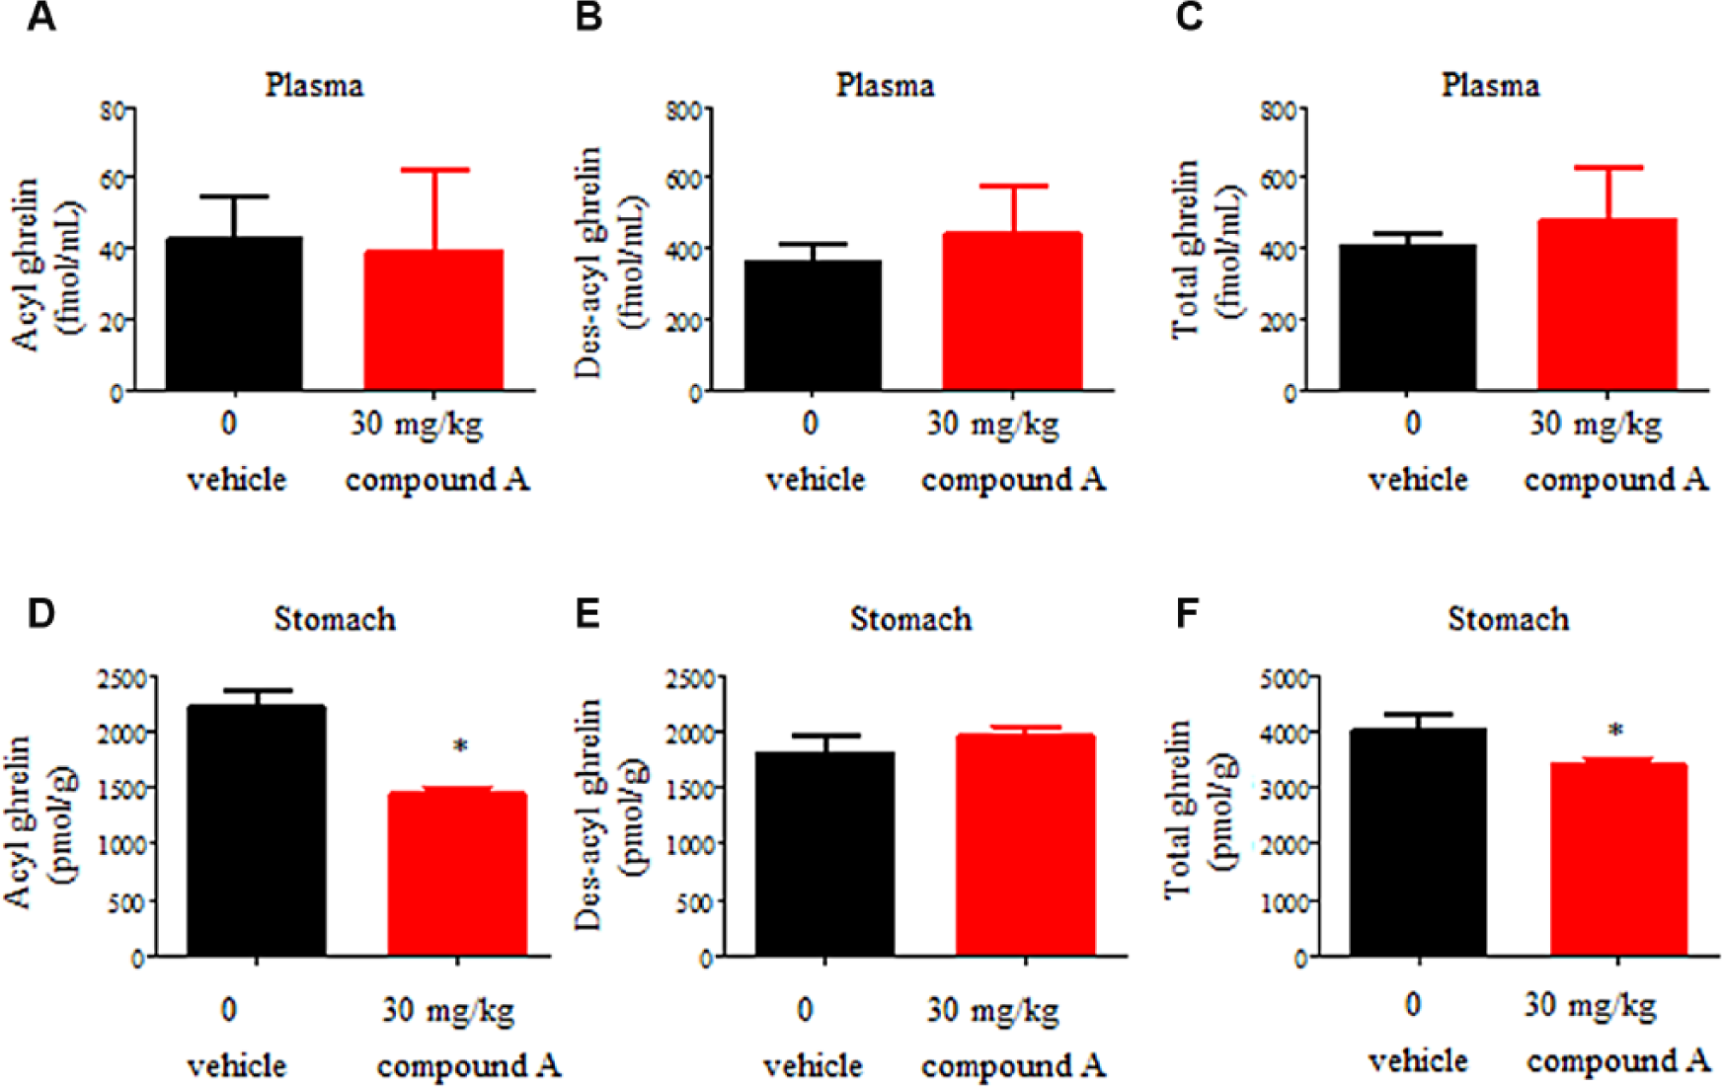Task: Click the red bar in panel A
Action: click(433, 320)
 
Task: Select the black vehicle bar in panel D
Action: click(257, 830)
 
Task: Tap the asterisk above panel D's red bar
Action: click(460, 747)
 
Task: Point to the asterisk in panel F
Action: click(1615, 732)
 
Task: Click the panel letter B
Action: click(588, 17)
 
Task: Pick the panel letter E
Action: click(587, 613)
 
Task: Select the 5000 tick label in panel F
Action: click(1286, 678)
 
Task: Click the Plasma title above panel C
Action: click(1490, 85)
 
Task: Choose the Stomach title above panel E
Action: click(910, 619)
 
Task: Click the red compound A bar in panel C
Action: click(1607, 304)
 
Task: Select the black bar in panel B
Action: click(813, 326)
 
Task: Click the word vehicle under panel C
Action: click(1418, 480)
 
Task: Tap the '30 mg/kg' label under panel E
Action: click(992, 1010)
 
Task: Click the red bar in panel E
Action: click(1026, 845)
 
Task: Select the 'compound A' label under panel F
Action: click(1617, 1061)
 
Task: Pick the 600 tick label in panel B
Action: click(683, 179)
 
